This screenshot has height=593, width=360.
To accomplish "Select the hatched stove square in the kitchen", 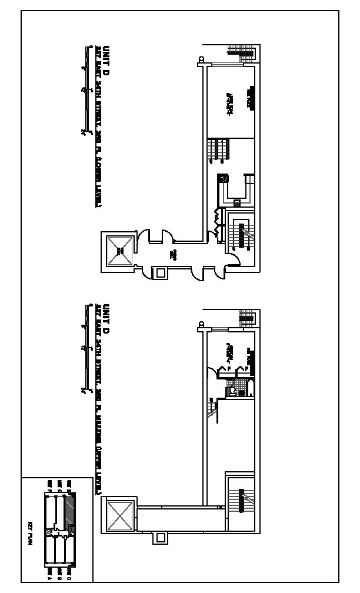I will pos(224,178).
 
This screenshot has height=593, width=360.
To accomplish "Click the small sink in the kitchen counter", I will pos(237,204).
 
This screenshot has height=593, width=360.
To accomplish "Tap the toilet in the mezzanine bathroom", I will pos(233,390).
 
